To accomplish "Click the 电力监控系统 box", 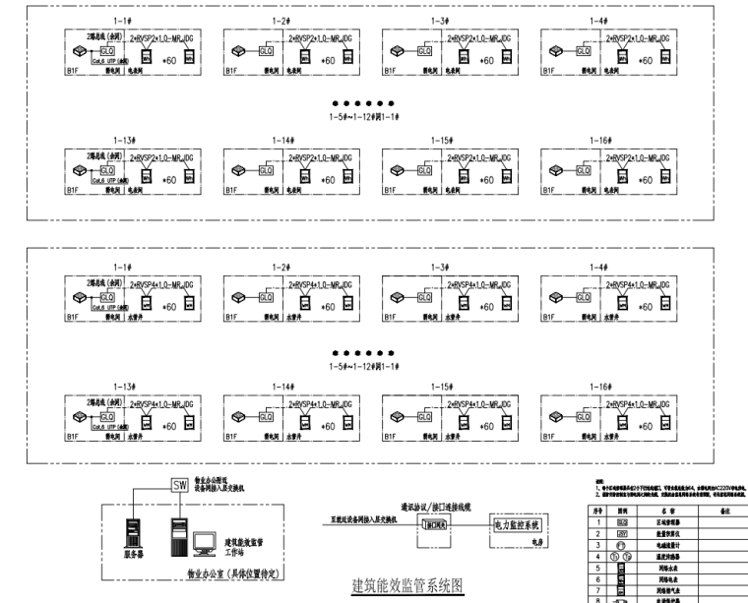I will tap(523, 524).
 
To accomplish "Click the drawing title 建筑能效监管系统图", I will tap(407, 587).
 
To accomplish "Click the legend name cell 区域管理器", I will tap(669, 521).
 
